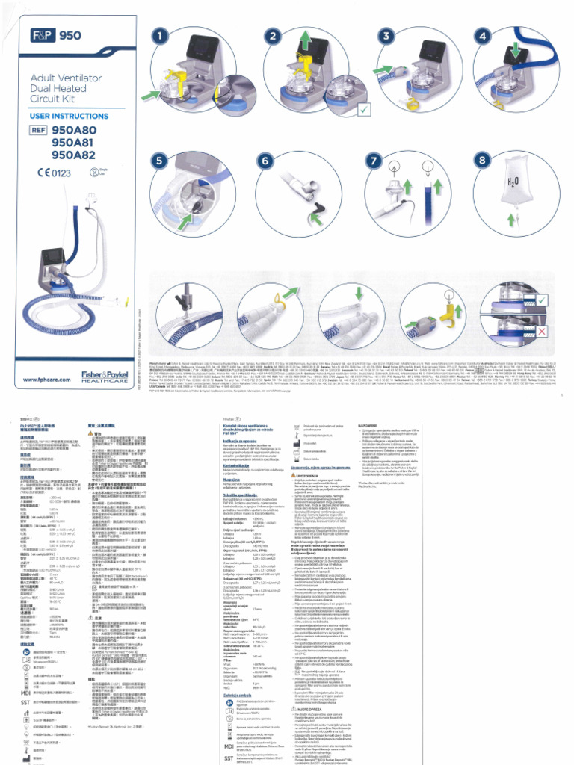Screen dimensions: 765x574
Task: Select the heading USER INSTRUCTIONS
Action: pos(69,117)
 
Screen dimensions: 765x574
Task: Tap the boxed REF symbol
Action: pos(38,129)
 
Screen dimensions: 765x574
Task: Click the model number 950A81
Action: pos(74,142)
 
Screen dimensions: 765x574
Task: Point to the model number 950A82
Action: pos(74,155)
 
